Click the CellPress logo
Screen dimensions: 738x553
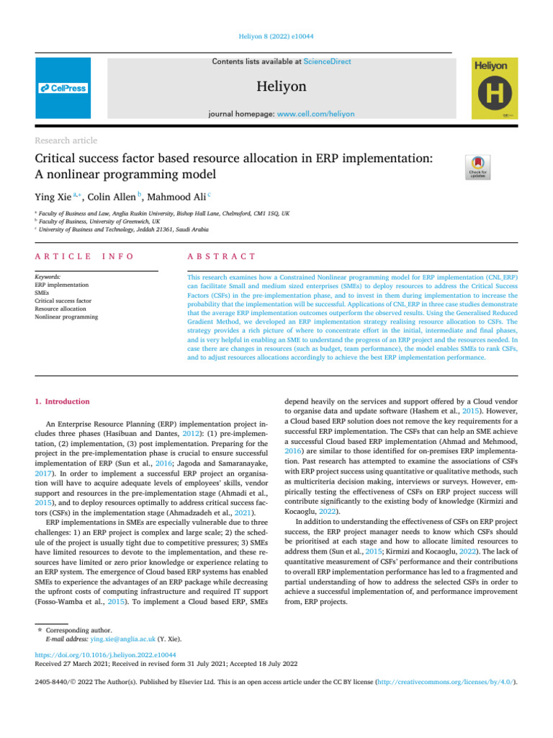[63, 88]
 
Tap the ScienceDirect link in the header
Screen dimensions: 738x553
[328, 62]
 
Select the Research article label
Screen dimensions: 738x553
[66, 141]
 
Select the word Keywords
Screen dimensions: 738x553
[48, 277]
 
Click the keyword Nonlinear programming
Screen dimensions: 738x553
[66, 316]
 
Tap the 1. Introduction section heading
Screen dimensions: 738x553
[62, 401]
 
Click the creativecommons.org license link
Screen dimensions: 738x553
[458, 680]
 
